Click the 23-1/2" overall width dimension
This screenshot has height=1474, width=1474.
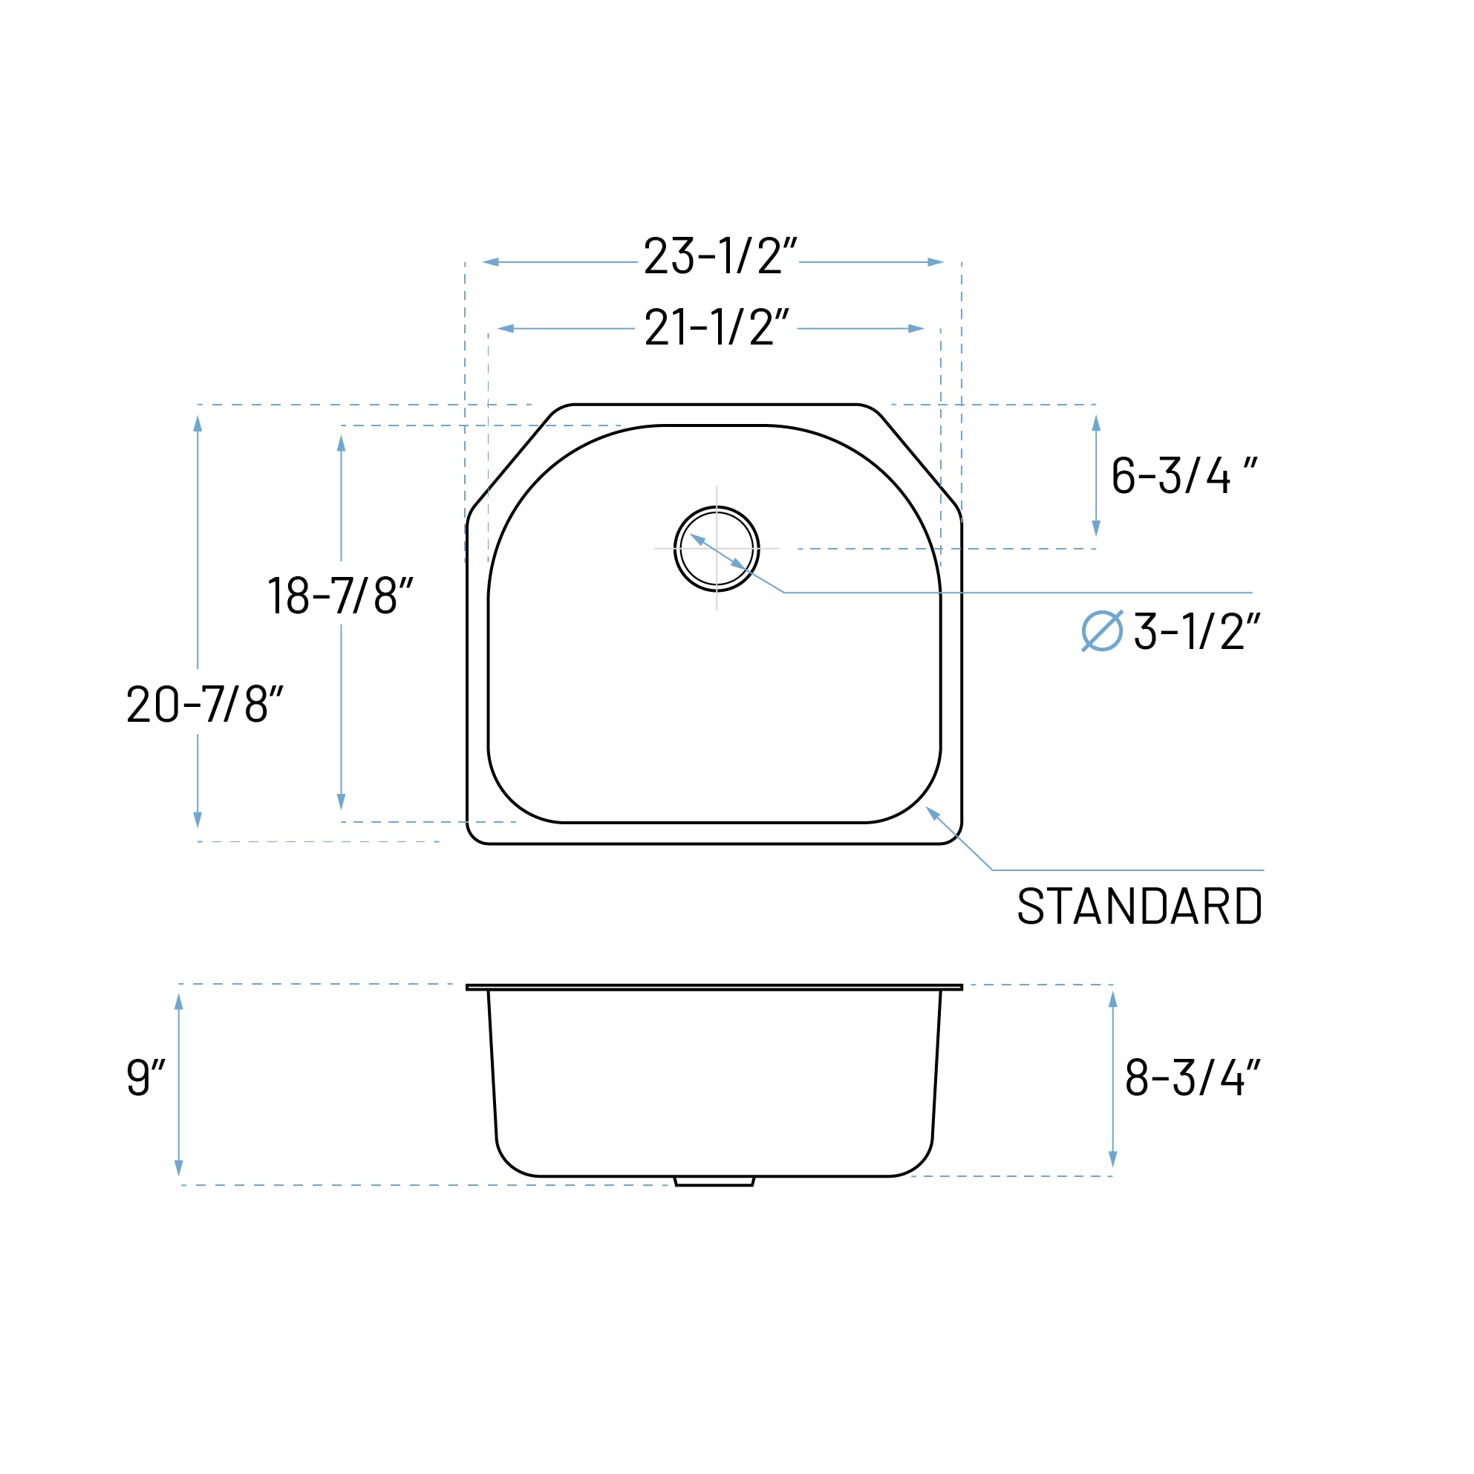(x=720, y=255)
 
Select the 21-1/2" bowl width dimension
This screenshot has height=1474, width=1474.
(x=717, y=327)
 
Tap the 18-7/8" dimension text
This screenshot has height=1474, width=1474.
(x=339, y=596)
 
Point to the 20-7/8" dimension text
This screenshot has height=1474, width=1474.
(x=204, y=703)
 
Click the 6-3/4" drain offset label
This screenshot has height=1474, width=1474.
(x=1184, y=475)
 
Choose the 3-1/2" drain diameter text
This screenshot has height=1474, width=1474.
(x=1196, y=632)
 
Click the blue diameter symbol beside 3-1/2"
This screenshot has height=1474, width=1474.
(x=1102, y=631)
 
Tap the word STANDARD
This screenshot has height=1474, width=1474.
(x=1139, y=907)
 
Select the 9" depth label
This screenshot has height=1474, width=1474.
(x=145, y=1077)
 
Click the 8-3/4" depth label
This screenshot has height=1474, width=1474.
(x=1192, y=1077)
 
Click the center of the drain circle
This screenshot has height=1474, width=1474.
(x=717, y=549)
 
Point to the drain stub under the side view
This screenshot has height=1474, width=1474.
(x=714, y=1181)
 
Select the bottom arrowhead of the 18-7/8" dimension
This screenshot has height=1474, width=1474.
(x=341, y=801)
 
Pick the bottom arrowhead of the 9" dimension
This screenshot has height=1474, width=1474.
(x=178, y=1167)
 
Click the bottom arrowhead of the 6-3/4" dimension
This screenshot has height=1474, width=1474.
(x=1096, y=527)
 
